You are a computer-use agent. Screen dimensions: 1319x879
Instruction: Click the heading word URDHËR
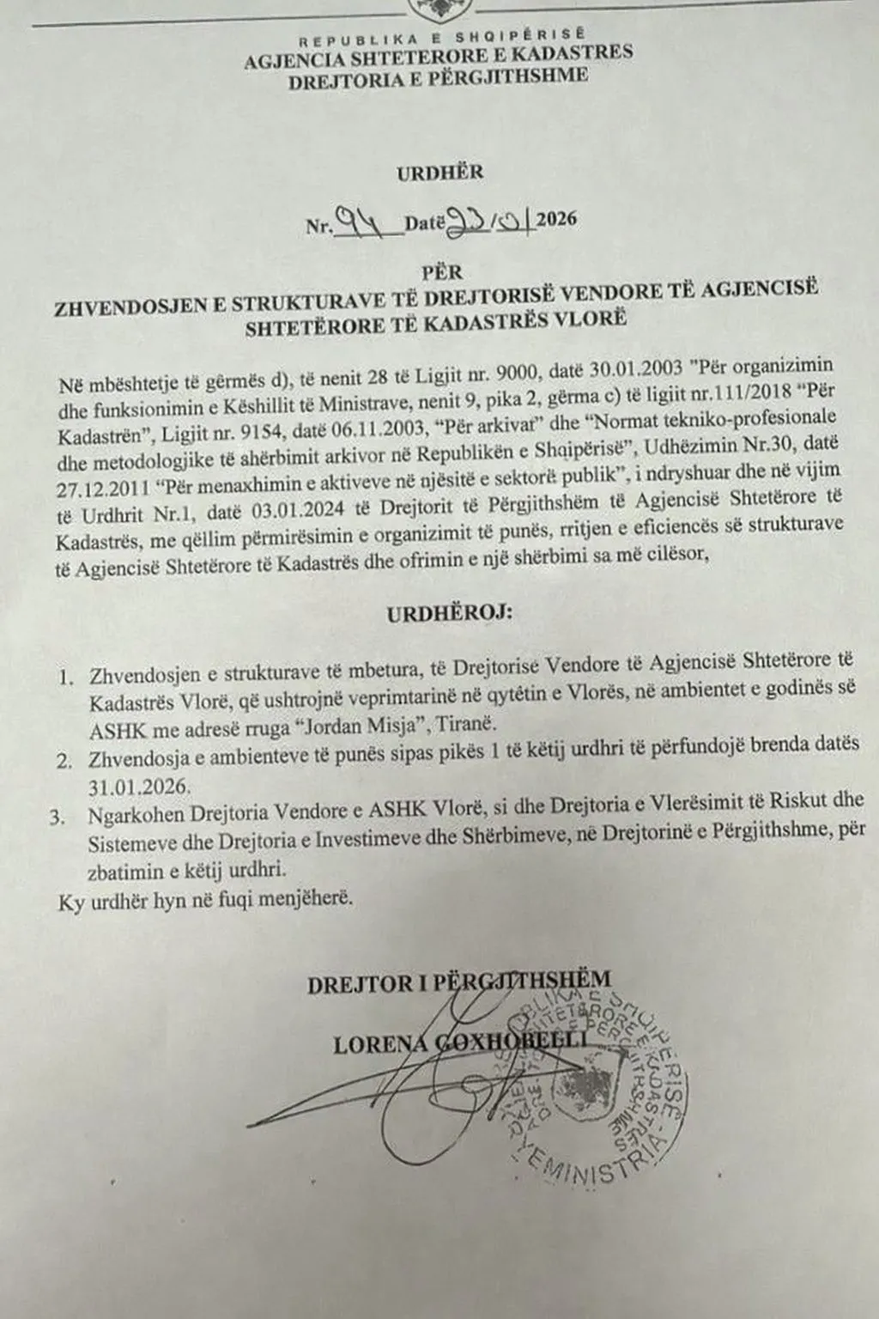pyautogui.click(x=440, y=172)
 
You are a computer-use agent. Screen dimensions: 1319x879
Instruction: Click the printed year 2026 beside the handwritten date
pyautogui.click(x=556, y=219)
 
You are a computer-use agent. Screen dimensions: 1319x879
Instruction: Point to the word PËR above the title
pyautogui.click(x=441, y=271)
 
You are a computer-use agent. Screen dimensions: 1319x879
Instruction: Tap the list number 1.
pyautogui.click(x=66, y=678)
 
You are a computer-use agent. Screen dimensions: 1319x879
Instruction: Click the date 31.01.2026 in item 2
pyautogui.click(x=130, y=786)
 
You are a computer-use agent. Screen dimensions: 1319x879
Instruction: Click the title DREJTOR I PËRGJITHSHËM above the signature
pyautogui.click(x=460, y=980)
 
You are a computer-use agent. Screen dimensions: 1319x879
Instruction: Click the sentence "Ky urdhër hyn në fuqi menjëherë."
pyautogui.click(x=205, y=902)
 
